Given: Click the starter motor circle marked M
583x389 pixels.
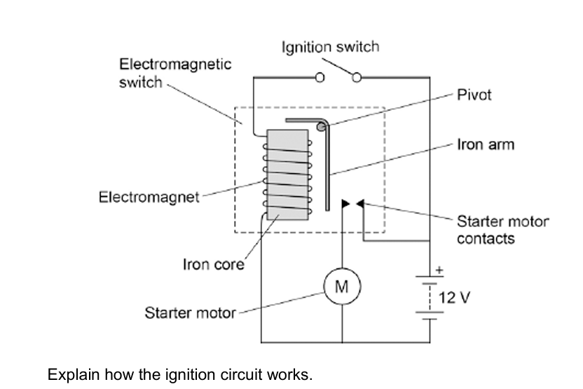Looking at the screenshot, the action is pos(342,287).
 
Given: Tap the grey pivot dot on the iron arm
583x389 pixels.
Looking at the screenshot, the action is pos(321,127).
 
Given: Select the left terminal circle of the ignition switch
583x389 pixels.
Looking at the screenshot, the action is pos(320,77).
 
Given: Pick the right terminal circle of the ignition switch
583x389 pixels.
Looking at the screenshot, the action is pos(357,77).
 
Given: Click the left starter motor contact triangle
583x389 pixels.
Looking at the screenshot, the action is pos(345,203).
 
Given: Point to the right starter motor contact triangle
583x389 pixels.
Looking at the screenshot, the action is pos(360,203).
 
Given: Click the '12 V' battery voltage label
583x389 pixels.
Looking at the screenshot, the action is pos(454,297).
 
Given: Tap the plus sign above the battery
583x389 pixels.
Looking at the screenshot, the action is pos(439,270).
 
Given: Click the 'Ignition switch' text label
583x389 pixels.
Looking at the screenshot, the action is pos(331,47).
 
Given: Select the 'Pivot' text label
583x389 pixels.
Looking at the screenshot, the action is pos(474,95).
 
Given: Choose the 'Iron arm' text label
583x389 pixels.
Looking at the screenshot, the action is pos(486,144).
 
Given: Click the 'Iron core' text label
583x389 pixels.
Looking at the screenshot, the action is pos(214,264).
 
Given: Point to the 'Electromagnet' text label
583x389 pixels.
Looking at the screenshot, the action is pos(149,197).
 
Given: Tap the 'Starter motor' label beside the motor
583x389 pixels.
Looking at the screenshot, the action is pos(191,313).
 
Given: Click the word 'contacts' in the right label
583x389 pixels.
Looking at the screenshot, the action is pos(486,239).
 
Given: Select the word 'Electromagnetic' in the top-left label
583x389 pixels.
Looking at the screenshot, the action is pos(175,64).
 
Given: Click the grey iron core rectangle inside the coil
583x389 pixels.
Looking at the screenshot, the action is pos(287,175).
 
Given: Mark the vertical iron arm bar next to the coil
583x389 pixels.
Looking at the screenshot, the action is pos(327,168).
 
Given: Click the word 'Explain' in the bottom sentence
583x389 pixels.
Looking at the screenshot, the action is pos(74,374).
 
